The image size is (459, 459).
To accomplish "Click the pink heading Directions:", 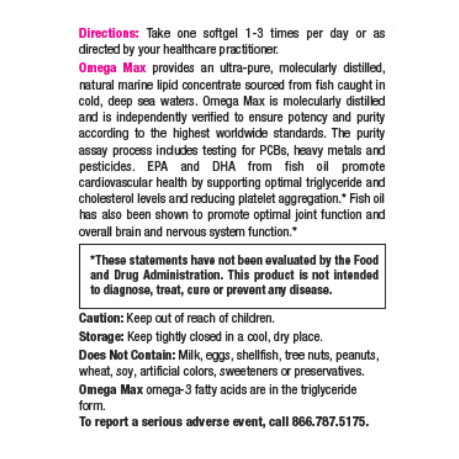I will [109, 34].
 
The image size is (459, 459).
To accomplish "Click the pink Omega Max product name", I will [112, 68].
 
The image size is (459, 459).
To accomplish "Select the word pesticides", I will [106, 167].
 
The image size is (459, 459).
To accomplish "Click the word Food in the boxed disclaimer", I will [366, 260].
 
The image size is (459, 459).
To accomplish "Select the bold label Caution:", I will [101, 318].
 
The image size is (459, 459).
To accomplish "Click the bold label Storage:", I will [102, 337].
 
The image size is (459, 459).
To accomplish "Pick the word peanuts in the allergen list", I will [357, 355].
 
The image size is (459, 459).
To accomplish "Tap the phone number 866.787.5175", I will [330, 422].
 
